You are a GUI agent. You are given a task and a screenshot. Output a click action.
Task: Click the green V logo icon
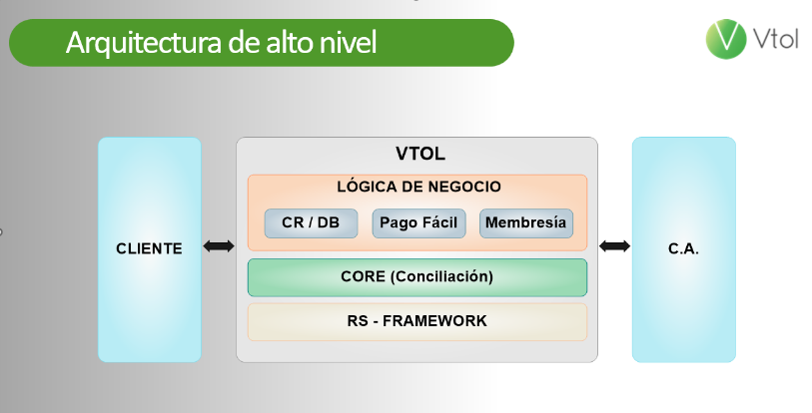coord(726,39)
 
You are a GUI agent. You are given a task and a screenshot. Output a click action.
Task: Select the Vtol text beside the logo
coord(777,41)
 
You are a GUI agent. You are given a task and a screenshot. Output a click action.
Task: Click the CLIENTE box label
coord(149,248)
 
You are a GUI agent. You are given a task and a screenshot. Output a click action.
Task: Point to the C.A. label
coord(683,248)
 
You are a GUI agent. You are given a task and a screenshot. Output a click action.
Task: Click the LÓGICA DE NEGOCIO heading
coord(418,187)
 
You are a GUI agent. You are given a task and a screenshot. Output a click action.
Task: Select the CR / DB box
coord(311,222)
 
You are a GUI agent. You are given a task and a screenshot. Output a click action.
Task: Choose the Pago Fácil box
coord(418,222)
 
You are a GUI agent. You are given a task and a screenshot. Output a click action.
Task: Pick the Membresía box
coord(526,222)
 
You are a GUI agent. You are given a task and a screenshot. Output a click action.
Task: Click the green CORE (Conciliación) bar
coord(416,276)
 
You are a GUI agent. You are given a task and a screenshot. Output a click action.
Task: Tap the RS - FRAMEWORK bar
coord(416,321)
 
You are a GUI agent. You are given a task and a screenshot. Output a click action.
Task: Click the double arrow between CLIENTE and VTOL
coord(218,246)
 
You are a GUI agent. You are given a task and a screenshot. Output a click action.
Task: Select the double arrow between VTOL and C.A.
coord(614,246)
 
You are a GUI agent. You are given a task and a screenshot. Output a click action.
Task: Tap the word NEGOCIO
coord(463,187)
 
